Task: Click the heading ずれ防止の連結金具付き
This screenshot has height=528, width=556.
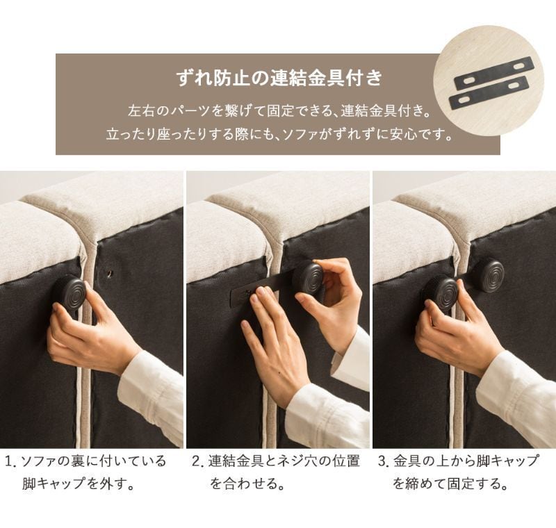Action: pyautogui.click(x=279, y=78)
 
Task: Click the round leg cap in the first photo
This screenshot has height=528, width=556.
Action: pyautogui.click(x=72, y=292)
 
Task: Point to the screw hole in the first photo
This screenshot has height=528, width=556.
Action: pyautogui.click(x=109, y=274)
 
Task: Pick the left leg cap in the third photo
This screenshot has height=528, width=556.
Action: pyautogui.click(x=440, y=292)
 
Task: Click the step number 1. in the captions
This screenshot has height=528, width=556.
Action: pyautogui.click(x=11, y=461)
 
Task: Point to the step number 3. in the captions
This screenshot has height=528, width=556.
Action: pyautogui.click(x=384, y=461)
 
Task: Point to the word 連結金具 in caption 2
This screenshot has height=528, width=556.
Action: pyautogui.click(x=236, y=461)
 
